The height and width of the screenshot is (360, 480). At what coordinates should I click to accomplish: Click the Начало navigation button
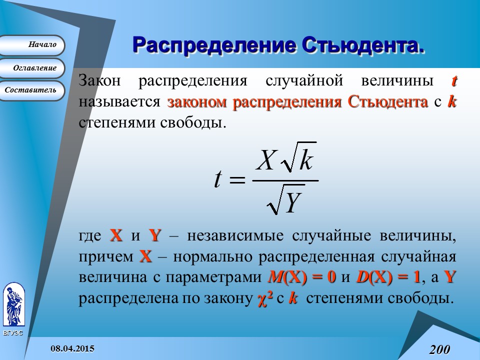(x=31, y=45)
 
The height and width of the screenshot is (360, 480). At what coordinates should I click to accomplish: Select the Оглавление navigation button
(x=31, y=68)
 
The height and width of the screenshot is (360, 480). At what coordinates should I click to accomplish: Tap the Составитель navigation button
(x=31, y=90)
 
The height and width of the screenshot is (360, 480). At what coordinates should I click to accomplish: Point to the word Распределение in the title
(x=214, y=46)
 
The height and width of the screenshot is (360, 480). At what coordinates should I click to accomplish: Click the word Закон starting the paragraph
(x=99, y=81)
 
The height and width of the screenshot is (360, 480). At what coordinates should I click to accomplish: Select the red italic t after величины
(x=454, y=81)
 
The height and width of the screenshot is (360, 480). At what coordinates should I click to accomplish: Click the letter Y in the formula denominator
(x=293, y=202)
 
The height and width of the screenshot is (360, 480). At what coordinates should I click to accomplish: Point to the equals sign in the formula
(x=237, y=179)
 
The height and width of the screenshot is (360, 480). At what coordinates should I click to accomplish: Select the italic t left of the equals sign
(x=217, y=179)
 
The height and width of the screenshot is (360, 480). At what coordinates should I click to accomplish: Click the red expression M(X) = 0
(x=302, y=277)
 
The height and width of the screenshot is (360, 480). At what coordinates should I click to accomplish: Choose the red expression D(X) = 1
(x=388, y=277)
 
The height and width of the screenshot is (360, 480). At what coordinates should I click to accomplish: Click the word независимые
(x=235, y=236)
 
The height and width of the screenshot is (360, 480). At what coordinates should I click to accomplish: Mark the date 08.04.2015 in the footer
(x=72, y=348)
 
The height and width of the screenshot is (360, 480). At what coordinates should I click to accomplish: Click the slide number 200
(x=439, y=349)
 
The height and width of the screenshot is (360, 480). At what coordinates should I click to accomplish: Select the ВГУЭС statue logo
(x=14, y=304)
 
